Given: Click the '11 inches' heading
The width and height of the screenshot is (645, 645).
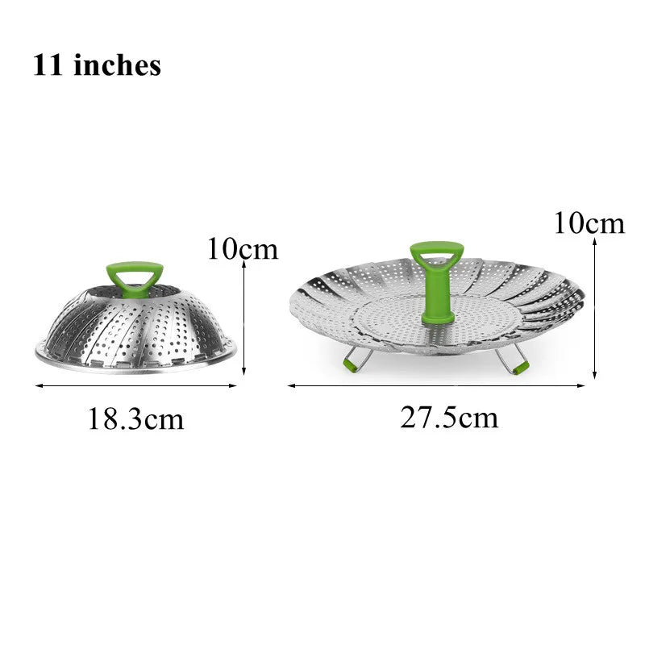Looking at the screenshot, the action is click(97, 65).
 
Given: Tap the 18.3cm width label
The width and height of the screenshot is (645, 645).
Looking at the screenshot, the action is click(135, 419).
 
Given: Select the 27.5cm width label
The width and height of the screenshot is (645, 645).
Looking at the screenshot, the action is click(449, 418).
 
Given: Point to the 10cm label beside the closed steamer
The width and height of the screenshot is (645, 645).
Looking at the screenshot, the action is click(243, 249).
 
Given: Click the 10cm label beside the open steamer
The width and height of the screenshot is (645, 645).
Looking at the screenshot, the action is click(589, 223).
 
